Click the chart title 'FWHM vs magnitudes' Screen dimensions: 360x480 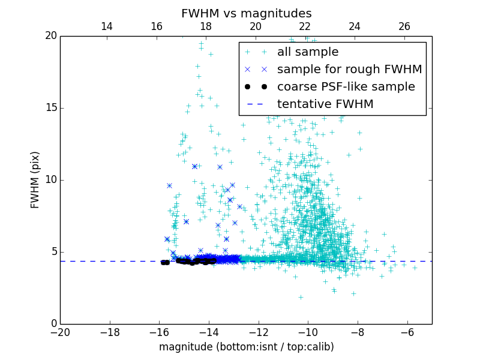(x=246, y=13)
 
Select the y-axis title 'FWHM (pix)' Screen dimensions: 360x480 (x=35, y=179)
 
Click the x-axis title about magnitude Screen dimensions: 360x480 (x=246, y=347)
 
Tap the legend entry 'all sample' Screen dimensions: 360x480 (x=307, y=52)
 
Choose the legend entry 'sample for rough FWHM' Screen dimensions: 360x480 (x=349, y=70)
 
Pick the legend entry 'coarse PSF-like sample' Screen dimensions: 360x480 (x=346, y=87)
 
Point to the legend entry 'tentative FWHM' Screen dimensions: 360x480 (x=325, y=104)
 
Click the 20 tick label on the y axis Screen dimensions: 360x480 (x=50, y=36)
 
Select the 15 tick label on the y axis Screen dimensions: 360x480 (x=50, y=108)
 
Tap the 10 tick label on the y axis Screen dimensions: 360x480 (x=50, y=180)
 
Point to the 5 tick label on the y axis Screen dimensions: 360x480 (x=53, y=252)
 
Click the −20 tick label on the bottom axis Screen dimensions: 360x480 (x=60, y=332)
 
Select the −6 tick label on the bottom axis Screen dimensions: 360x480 (x=407, y=332)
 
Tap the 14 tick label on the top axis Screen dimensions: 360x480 (x=107, y=26)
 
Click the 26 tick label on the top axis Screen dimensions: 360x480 (x=404, y=26)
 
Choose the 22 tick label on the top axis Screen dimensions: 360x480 (x=305, y=26)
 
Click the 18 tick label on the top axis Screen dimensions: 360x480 (x=206, y=26)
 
